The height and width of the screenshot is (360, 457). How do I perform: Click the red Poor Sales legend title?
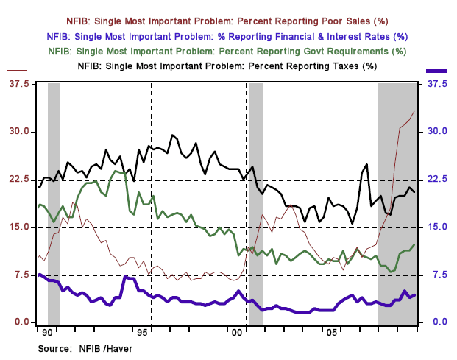coord(227,21)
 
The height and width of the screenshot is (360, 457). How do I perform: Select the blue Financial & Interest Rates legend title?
coord(227,35)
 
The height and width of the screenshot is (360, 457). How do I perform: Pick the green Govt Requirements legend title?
coord(227,51)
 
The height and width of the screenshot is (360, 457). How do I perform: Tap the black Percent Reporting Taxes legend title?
coord(227,66)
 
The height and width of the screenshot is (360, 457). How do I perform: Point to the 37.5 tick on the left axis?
coord(18,85)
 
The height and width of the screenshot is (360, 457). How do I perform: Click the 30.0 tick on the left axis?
coord(18,132)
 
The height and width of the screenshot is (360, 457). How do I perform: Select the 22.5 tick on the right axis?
coord(437,180)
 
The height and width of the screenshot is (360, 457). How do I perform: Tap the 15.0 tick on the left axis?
coord(18,227)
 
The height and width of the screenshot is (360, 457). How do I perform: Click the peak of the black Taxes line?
coord(172,135)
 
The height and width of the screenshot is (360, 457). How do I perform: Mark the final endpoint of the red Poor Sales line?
coord(414,110)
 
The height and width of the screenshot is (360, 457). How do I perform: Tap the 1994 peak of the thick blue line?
coord(125,277)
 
